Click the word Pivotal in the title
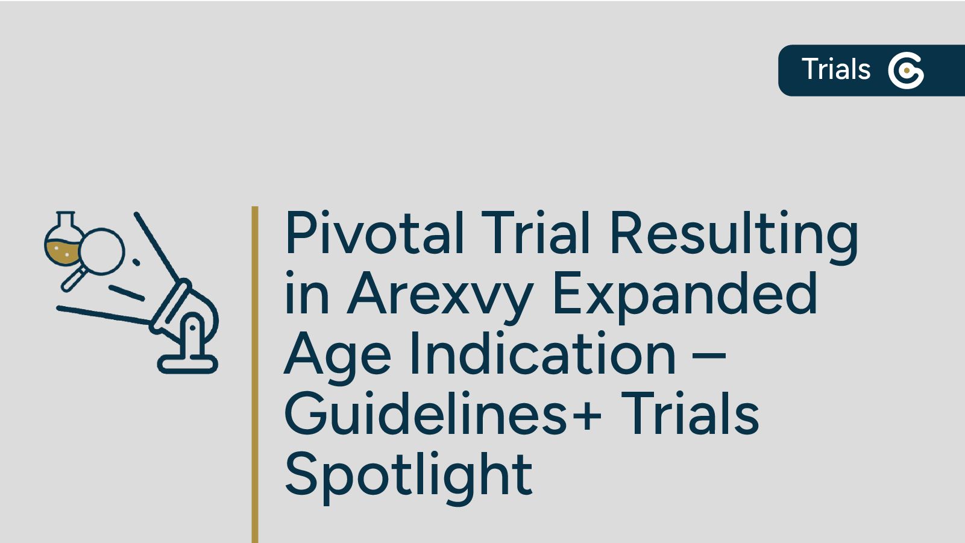(374, 233)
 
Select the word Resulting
(734, 233)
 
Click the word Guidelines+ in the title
(443, 414)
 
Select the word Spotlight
(409, 475)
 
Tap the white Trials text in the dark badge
(836, 69)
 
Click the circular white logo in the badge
(906, 71)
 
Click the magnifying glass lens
(102, 251)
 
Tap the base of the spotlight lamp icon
(187, 363)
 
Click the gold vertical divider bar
(255, 374)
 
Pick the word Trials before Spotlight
(690, 414)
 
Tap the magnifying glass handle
(74, 280)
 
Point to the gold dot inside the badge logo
(907, 71)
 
